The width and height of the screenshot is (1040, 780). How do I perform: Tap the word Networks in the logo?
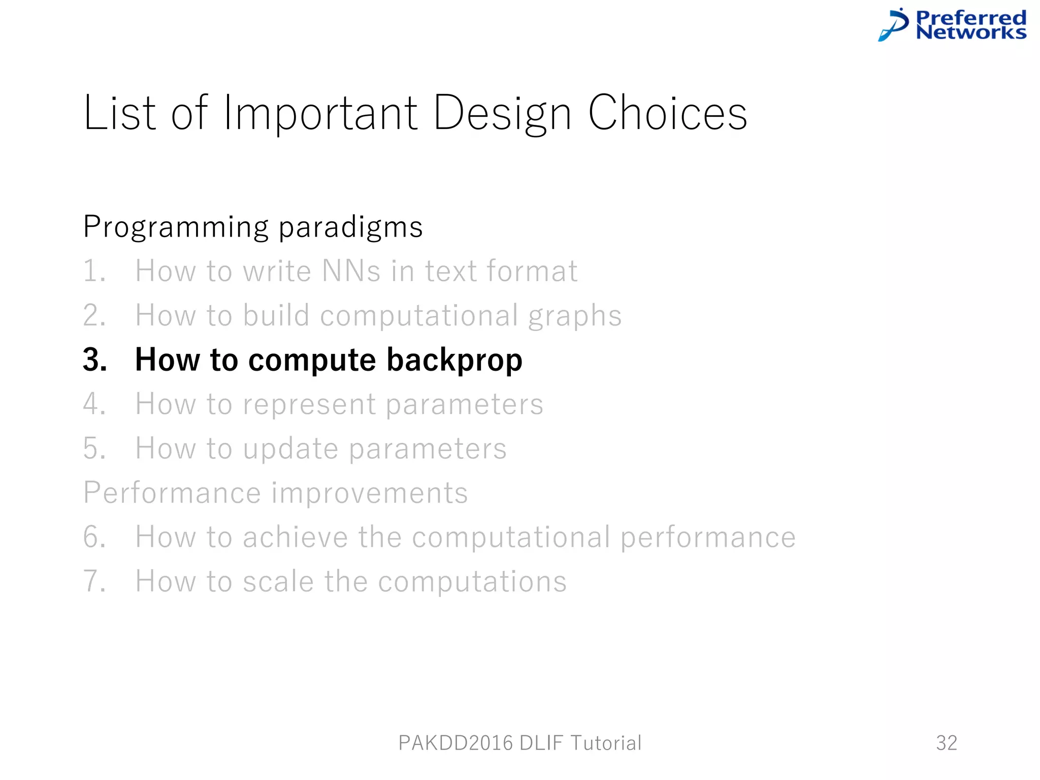(971, 32)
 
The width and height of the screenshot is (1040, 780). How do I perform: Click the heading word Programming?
(176, 227)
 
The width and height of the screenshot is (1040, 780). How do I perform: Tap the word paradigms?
(350, 227)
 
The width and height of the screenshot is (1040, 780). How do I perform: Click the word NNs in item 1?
(351, 271)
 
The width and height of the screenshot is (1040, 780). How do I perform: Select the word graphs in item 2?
(574, 316)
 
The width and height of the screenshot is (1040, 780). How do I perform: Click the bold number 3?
(94, 360)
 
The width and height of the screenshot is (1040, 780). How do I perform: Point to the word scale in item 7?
(278, 581)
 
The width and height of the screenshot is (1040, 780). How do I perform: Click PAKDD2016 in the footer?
(456, 743)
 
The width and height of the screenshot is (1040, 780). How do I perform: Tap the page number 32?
(947, 743)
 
